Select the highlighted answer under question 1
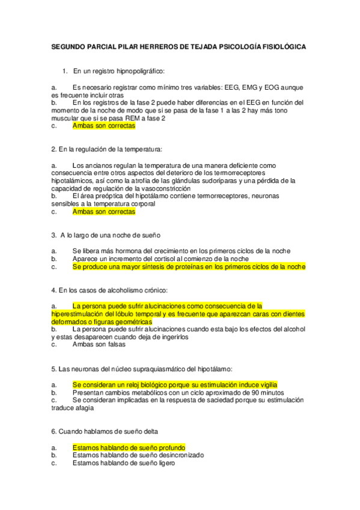tap(103, 126)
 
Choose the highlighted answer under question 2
tap(103, 212)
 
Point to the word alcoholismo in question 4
tap(114, 290)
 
